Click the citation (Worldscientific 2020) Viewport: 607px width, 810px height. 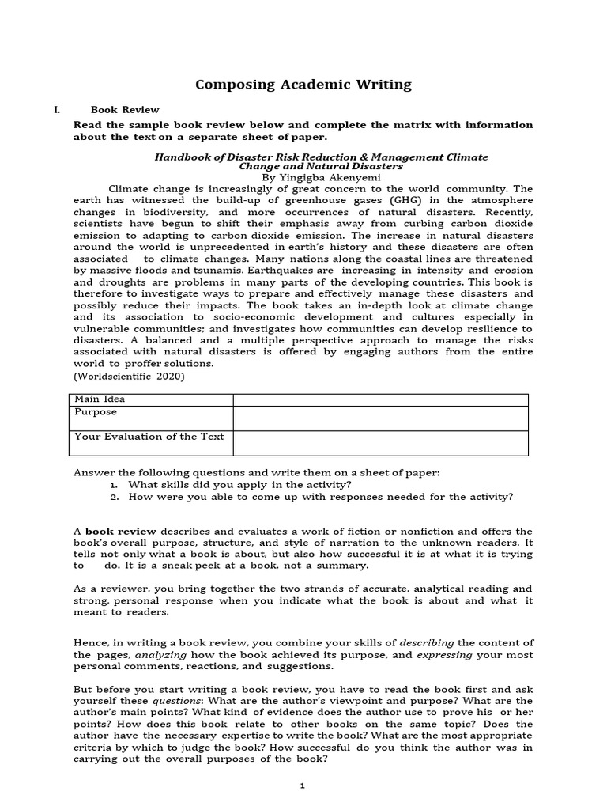(129, 376)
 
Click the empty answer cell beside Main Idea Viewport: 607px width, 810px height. (380, 399)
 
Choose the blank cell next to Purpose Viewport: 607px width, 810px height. (380, 418)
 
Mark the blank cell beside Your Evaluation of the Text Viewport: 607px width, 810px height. (380, 443)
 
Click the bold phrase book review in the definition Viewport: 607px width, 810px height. (120, 531)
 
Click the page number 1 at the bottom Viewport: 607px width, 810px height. (302, 785)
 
